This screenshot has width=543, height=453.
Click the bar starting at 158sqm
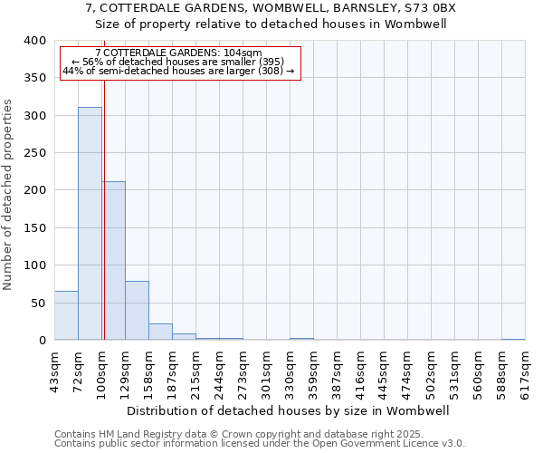coord(160,332)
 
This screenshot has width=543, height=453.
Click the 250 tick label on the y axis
coord(33,153)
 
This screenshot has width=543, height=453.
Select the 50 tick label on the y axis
coord(37,303)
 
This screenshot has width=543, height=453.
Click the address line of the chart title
coord(271,8)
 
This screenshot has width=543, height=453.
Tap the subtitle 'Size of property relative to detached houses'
coord(271,24)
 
